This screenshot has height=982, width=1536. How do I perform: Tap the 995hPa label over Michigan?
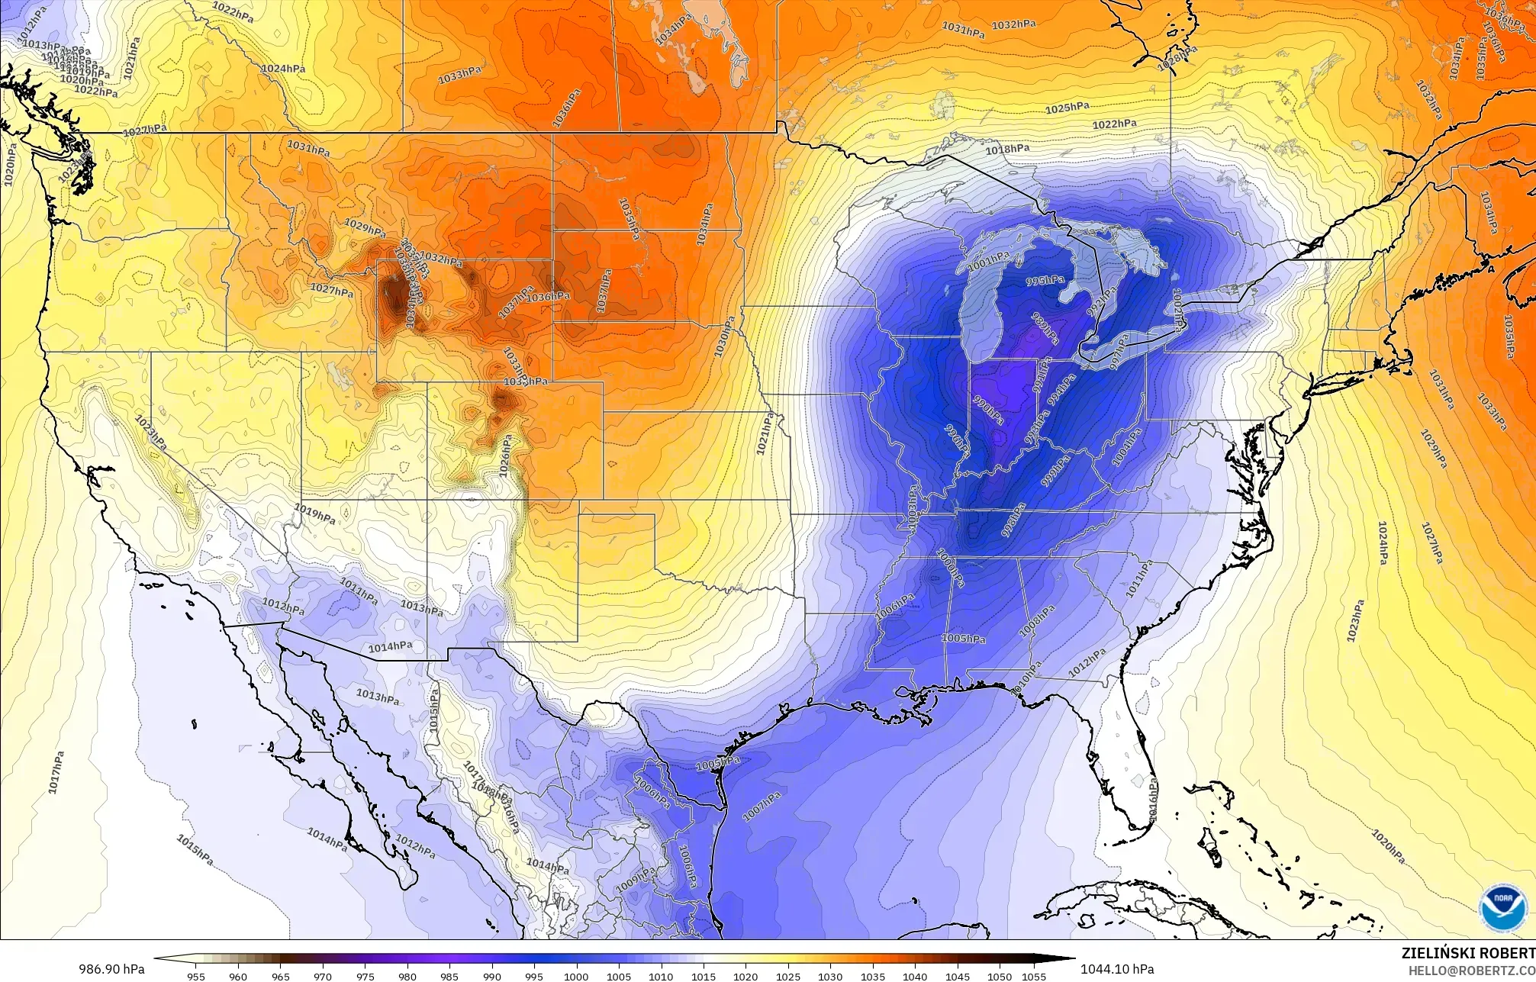1045,281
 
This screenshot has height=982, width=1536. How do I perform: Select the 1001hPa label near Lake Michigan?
989,262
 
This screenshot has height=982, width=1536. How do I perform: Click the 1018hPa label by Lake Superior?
1006,150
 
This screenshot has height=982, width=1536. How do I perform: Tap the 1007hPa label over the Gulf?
762,807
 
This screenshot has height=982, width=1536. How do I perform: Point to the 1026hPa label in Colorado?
505,458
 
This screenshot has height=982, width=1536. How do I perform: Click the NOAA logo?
1499,908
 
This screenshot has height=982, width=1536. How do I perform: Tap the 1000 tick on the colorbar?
576,976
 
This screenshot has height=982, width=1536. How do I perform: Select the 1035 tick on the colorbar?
872,976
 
